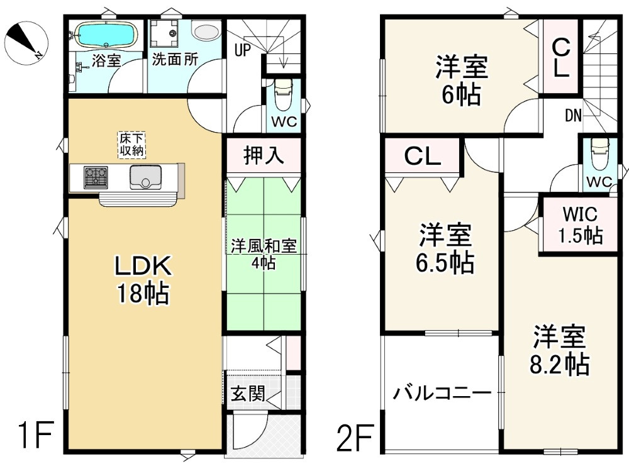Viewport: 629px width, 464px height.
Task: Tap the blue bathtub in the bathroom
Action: pyautogui.click(x=104, y=35)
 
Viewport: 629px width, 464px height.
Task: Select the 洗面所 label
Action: pyautogui.click(x=174, y=60)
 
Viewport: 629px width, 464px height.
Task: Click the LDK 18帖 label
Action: pyautogui.click(x=142, y=280)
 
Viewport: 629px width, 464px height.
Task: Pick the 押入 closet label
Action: pyautogui.click(x=264, y=155)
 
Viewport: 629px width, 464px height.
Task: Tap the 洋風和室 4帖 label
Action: pyautogui.click(x=263, y=253)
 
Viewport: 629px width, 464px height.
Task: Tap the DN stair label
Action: pyautogui.click(x=572, y=115)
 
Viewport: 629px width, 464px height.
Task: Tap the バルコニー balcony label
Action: pyautogui.click(x=442, y=394)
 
